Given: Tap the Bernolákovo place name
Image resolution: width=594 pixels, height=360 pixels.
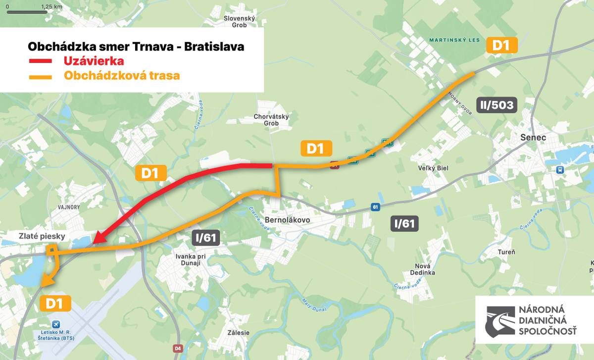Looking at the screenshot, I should (x=288, y=219).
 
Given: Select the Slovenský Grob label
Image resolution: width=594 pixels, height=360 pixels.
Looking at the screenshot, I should (x=239, y=21).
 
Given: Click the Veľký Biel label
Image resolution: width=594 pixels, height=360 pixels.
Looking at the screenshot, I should (x=433, y=168).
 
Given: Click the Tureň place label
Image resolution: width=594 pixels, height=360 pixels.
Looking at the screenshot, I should (x=506, y=252).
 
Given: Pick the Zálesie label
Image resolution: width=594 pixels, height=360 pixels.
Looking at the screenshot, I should (x=239, y=333).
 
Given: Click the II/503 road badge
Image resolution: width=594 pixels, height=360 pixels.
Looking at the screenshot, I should (x=496, y=105).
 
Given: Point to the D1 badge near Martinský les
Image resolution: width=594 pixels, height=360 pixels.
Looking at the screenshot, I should (x=501, y=46).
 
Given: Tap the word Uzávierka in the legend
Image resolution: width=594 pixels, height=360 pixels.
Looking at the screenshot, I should (x=94, y=61).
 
